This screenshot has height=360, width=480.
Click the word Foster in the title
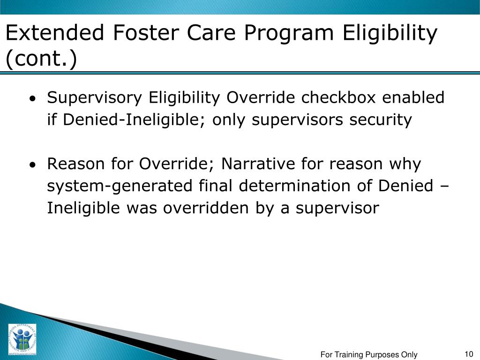pos(146,32)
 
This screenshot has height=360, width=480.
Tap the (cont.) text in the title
pos(41,58)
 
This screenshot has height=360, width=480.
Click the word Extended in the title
pos(55,32)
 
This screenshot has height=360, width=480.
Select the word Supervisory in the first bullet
pos(95,98)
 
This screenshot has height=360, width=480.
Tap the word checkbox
pos(338,97)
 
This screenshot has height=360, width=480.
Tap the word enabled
pos(413,97)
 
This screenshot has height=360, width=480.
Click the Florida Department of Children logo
pos(22,339)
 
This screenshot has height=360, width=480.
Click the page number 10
pos(469,354)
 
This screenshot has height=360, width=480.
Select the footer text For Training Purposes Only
pos(369,354)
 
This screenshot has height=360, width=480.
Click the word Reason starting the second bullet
pos(75,164)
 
